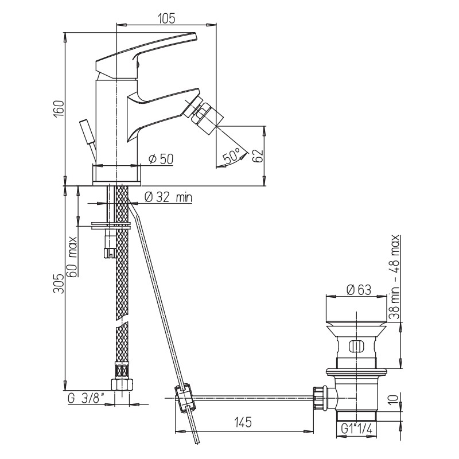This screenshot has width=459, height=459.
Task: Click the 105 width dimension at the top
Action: click(x=166, y=18)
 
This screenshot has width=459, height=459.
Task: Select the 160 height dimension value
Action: click(x=59, y=109)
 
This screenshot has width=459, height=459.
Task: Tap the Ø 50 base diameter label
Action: click(x=161, y=159)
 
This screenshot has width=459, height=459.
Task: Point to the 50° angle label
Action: click(x=231, y=155)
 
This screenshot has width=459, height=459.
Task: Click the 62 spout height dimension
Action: click(x=258, y=156)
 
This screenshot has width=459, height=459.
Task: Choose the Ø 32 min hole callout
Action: click(x=168, y=197)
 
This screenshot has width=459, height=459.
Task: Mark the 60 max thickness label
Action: click(x=72, y=256)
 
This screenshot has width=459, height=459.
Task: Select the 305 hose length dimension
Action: click(x=59, y=283)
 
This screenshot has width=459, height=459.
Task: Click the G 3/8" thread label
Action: click(x=86, y=399)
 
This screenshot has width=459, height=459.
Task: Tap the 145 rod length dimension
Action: click(x=243, y=422)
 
